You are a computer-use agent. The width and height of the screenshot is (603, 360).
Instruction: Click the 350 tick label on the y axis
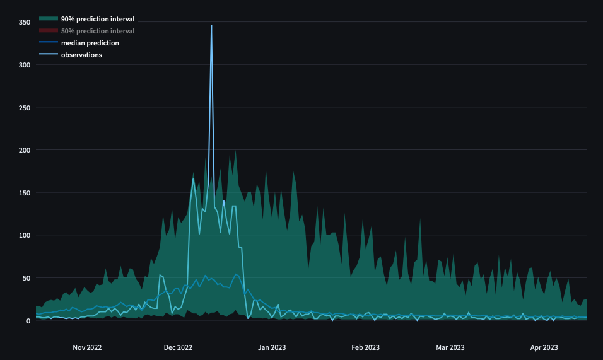tap(25, 22)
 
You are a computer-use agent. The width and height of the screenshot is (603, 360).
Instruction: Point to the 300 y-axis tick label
tap(25, 64)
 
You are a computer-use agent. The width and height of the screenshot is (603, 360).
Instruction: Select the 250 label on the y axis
tap(25, 107)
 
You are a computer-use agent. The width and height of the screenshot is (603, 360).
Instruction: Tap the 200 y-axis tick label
tap(25, 150)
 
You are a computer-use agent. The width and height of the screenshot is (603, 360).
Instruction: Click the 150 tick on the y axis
tap(25, 192)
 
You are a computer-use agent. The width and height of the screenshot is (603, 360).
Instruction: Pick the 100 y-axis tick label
tap(25, 235)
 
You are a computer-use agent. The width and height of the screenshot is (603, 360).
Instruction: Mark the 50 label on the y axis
tap(26, 278)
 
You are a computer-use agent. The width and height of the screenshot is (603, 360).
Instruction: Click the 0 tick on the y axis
tap(28, 320)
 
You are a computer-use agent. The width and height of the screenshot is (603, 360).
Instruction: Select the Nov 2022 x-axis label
tap(87, 347)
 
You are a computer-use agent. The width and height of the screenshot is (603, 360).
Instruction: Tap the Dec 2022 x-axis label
tap(178, 347)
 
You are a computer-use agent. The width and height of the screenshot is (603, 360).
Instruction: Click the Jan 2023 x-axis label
tap(272, 347)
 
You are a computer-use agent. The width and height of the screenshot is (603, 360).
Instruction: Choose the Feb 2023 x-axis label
tap(365, 347)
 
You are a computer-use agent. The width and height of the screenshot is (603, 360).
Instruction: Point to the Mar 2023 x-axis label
tap(450, 347)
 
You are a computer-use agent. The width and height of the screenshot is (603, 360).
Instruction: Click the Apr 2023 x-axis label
tap(544, 347)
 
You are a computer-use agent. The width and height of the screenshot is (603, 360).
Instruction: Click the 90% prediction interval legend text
tap(97, 19)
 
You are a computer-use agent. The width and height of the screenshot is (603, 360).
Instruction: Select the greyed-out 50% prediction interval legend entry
tap(97, 31)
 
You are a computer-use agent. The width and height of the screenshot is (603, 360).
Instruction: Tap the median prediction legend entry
tap(90, 43)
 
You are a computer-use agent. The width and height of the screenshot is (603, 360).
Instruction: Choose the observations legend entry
tap(81, 55)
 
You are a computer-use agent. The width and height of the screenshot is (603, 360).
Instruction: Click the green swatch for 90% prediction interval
tap(48, 19)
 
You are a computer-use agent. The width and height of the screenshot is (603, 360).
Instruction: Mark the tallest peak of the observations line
tap(211, 26)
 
